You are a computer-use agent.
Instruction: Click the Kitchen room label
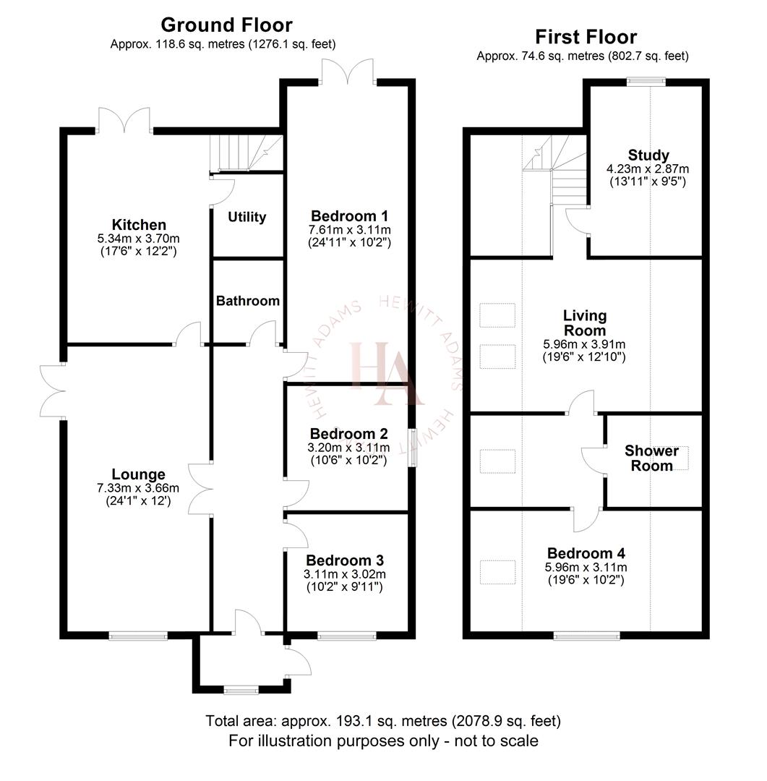click(x=139, y=225)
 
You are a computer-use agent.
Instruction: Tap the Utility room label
click(x=247, y=217)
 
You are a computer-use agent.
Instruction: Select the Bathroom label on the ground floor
click(x=247, y=301)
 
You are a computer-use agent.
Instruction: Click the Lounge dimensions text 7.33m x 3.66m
click(x=139, y=487)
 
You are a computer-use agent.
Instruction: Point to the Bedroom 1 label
click(x=349, y=215)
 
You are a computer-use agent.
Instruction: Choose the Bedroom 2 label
click(x=348, y=434)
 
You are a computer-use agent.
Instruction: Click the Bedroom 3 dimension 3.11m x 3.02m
click(x=345, y=574)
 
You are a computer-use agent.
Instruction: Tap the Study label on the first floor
click(x=648, y=155)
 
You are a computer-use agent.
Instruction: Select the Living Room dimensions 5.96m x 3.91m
click(x=585, y=344)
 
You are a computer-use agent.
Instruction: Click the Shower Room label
click(x=651, y=458)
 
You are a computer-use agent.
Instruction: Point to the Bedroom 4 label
click(x=586, y=554)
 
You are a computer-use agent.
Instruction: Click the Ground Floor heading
click(x=226, y=25)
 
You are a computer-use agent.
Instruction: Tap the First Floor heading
click(x=586, y=37)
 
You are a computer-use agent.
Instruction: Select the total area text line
click(x=383, y=721)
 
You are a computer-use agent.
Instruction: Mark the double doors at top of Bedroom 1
click(x=348, y=72)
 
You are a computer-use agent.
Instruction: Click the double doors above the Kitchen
click(x=124, y=120)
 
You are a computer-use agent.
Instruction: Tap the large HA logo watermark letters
click(x=383, y=372)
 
